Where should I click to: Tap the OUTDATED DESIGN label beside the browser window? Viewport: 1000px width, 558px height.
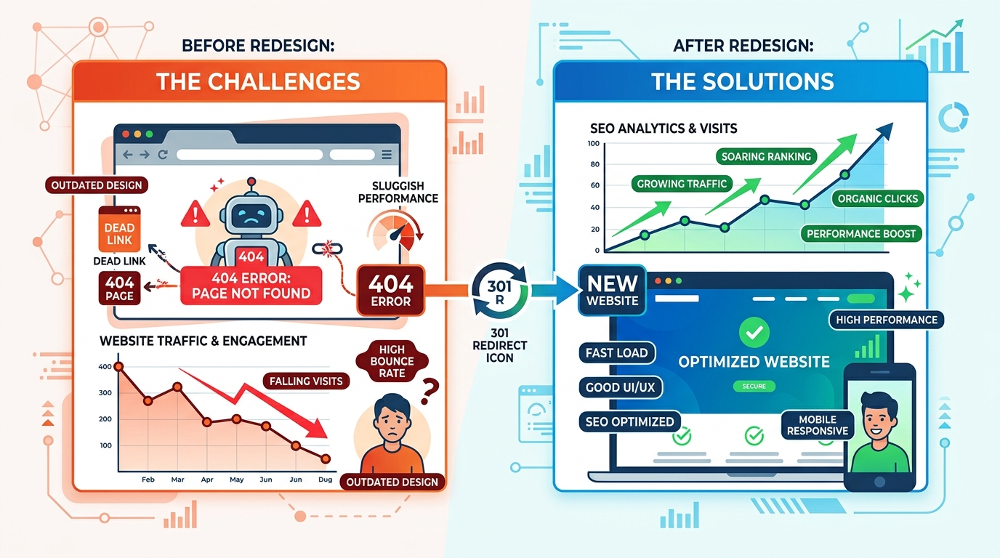click(97, 185)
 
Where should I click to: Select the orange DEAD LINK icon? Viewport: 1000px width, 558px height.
click(119, 229)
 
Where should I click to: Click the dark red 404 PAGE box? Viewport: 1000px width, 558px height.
click(119, 289)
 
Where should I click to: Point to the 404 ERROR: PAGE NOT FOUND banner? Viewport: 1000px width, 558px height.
click(251, 286)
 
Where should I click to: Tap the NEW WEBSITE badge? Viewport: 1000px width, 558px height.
click(612, 291)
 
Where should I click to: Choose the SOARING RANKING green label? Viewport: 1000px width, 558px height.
click(766, 157)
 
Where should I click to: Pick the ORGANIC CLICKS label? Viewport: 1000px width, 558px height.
click(877, 198)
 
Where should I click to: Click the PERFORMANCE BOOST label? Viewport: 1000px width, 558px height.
click(861, 234)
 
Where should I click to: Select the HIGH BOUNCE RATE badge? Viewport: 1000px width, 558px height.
click(392, 361)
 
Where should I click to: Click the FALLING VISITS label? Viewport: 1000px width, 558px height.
click(306, 381)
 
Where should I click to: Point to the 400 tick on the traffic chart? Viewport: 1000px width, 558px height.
click(105, 367)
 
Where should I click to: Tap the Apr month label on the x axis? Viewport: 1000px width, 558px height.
click(206, 480)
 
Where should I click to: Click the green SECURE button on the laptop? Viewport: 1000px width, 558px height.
click(754, 386)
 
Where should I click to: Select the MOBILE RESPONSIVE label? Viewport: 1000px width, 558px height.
click(818, 425)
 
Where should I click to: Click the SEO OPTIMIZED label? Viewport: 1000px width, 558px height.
click(629, 422)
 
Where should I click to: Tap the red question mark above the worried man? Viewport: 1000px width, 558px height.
click(430, 391)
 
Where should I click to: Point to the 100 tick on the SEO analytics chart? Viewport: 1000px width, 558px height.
click(593, 144)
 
